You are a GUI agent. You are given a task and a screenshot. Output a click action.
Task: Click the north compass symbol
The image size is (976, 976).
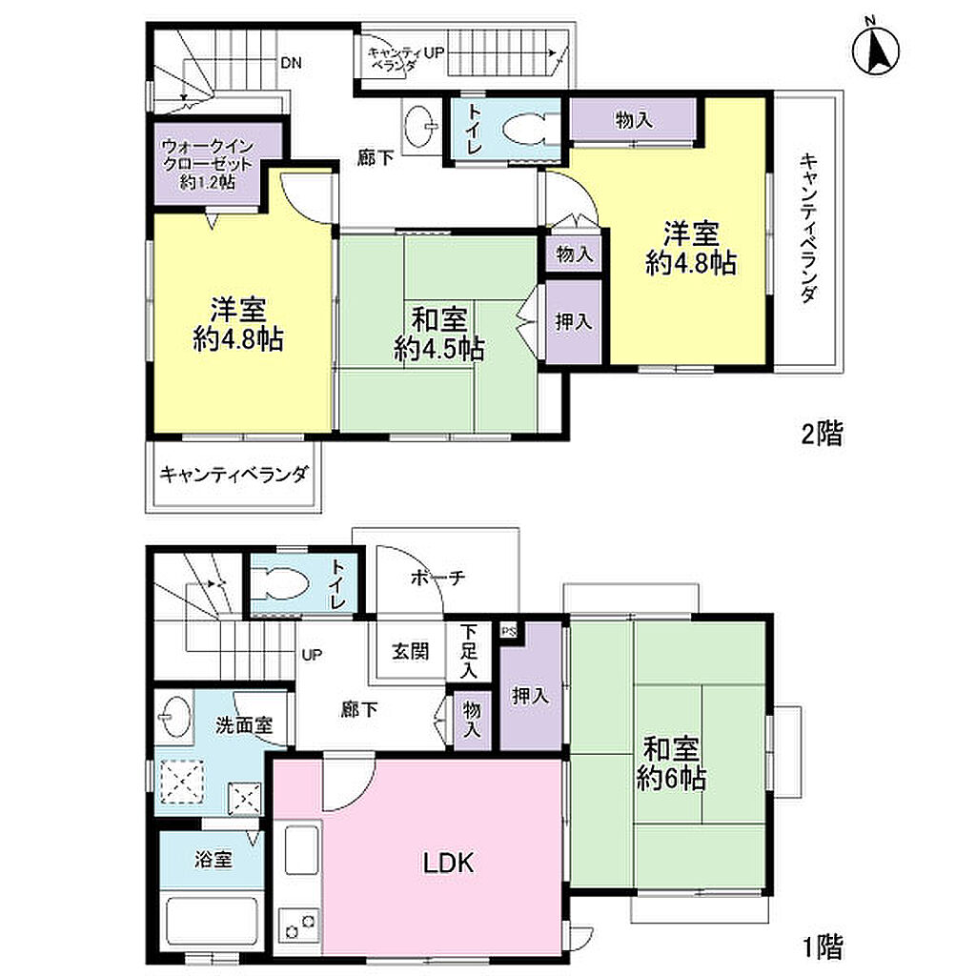(x=875, y=49)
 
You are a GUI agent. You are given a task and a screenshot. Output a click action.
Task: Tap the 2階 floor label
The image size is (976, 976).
(x=822, y=434)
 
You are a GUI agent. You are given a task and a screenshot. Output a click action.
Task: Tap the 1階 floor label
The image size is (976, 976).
(x=822, y=946)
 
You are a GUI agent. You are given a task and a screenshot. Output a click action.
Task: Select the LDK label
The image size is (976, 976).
(x=448, y=863)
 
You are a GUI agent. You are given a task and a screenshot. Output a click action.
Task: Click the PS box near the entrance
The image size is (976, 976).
(x=509, y=631)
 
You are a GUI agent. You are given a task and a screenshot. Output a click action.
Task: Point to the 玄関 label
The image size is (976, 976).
(x=410, y=651)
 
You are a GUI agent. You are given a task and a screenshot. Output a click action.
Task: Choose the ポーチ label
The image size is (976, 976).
(x=438, y=578)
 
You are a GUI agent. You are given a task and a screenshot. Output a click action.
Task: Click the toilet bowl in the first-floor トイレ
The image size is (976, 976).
(x=280, y=584)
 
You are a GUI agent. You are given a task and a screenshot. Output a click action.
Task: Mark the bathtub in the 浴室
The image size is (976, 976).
(x=211, y=923)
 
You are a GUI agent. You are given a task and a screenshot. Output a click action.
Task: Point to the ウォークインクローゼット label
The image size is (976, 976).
(x=208, y=164)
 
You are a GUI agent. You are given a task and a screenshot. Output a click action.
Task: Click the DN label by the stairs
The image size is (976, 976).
(x=291, y=63)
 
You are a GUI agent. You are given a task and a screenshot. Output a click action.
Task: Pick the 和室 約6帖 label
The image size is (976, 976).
(x=671, y=763)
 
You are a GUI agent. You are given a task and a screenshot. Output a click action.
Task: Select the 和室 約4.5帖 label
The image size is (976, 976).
(x=439, y=335)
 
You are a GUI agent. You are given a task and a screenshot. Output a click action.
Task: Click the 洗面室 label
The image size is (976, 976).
(x=244, y=724)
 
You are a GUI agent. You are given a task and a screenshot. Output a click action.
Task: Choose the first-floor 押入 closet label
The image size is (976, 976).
(x=530, y=695)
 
